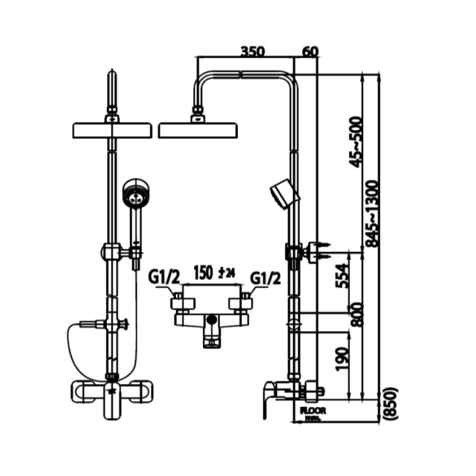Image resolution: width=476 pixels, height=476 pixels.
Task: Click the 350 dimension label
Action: (252, 51)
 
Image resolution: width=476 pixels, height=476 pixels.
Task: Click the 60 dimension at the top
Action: (310, 51)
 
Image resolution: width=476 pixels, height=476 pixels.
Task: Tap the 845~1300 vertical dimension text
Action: (373, 214)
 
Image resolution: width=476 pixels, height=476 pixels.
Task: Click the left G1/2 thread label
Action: (164, 277)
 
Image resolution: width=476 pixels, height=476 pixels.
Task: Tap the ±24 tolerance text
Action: (227, 273)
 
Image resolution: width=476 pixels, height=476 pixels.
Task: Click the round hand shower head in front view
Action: (136, 194)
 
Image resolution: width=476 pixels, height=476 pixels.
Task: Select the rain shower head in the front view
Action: (112, 130)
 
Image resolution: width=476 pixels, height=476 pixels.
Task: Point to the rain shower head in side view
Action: (197, 130)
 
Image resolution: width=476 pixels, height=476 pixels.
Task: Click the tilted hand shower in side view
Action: (284, 194)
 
